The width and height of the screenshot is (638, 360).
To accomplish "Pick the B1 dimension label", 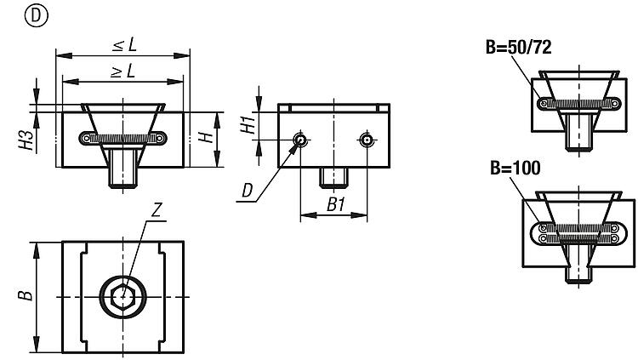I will pos(334,204).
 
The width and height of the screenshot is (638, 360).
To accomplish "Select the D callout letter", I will pos(247,193).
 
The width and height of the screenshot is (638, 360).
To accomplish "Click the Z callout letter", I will pos(156,209).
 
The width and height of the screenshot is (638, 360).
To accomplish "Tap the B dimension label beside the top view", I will pos(27,295).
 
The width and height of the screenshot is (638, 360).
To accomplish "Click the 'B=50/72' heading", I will pos(519,48).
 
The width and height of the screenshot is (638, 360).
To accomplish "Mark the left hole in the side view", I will pos(299,140).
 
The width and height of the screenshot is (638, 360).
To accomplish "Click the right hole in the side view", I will pos(367,140).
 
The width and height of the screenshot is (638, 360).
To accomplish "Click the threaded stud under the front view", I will pos(124,177).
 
